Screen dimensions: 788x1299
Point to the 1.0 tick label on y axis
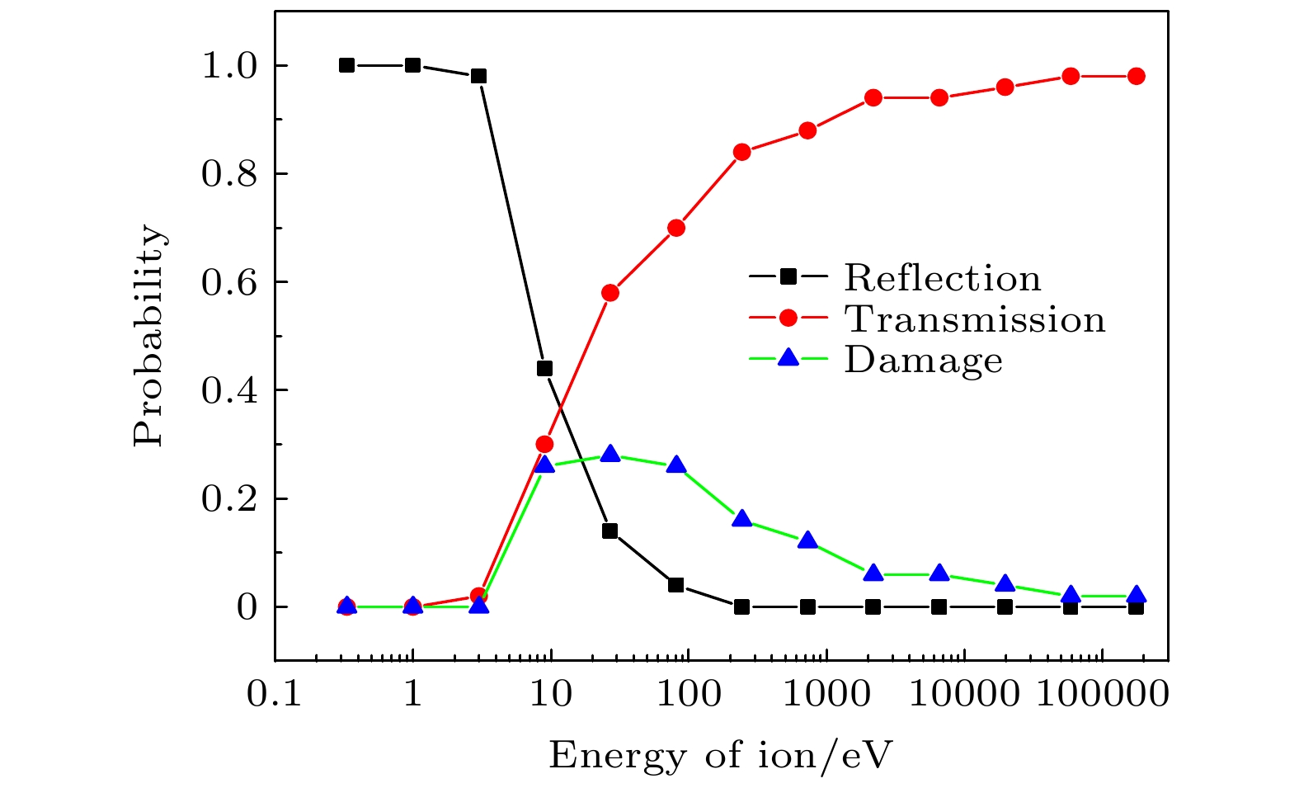[x=232, y=66]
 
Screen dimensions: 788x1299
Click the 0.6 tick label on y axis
[x=232, y=283]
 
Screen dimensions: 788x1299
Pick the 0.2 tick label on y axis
[x=232, y=499]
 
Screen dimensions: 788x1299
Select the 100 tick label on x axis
[x=687, y=695]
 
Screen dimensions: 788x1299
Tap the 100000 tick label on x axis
[x=1100, y=695]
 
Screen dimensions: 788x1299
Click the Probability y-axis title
[x=149, y=337]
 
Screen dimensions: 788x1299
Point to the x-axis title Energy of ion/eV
[x=721, y=755]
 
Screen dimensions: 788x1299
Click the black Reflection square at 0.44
[x=544, y=369]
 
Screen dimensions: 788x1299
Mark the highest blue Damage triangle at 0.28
[x=610, y=454]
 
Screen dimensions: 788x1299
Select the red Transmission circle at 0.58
[x=610, y=293]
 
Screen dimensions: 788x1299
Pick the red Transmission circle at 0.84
[x=741, y=152]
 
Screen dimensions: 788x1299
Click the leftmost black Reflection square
[x=347, y=65]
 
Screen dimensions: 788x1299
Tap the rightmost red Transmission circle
[x=1136, y=76]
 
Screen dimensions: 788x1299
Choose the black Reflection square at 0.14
[x=610, y=531]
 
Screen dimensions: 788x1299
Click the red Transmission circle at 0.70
[x=676, y=228]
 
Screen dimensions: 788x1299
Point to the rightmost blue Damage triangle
[x=1136, y=595]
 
